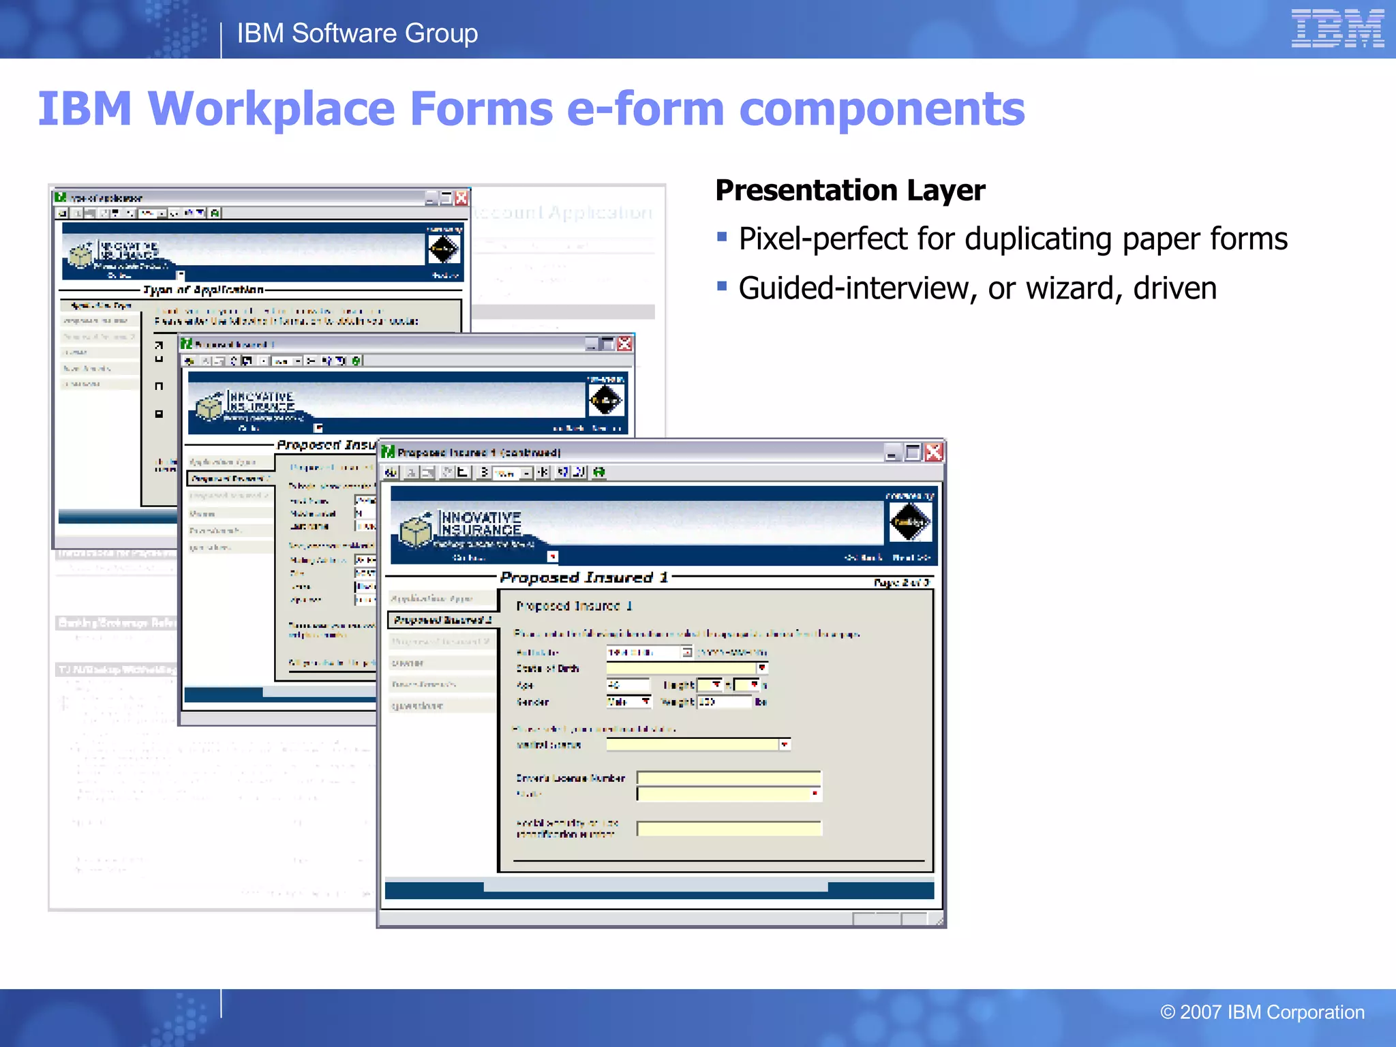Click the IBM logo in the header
pos(1337,29)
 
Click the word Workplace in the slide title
pos(271,109)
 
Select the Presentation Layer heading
pos(850,190)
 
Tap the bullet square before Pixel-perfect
pos(723,237)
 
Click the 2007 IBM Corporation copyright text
pos(1262,1012)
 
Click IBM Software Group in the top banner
pos(357,33)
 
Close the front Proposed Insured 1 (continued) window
pos(934,452)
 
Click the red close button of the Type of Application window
pos(461,198)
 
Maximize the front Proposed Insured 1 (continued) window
pos(913,452)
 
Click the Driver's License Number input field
pos(729,778)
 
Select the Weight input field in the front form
pos(724,702)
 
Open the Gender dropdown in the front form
pos(645,701)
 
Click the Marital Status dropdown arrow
pos(785,744)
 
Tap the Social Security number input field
pos(729,828)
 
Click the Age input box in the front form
pos(628,685)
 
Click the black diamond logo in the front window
pos(909,523)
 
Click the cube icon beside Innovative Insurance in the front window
pos(416,531)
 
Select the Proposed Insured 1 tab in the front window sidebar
pos(442,620)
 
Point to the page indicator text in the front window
pos(901,583)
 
